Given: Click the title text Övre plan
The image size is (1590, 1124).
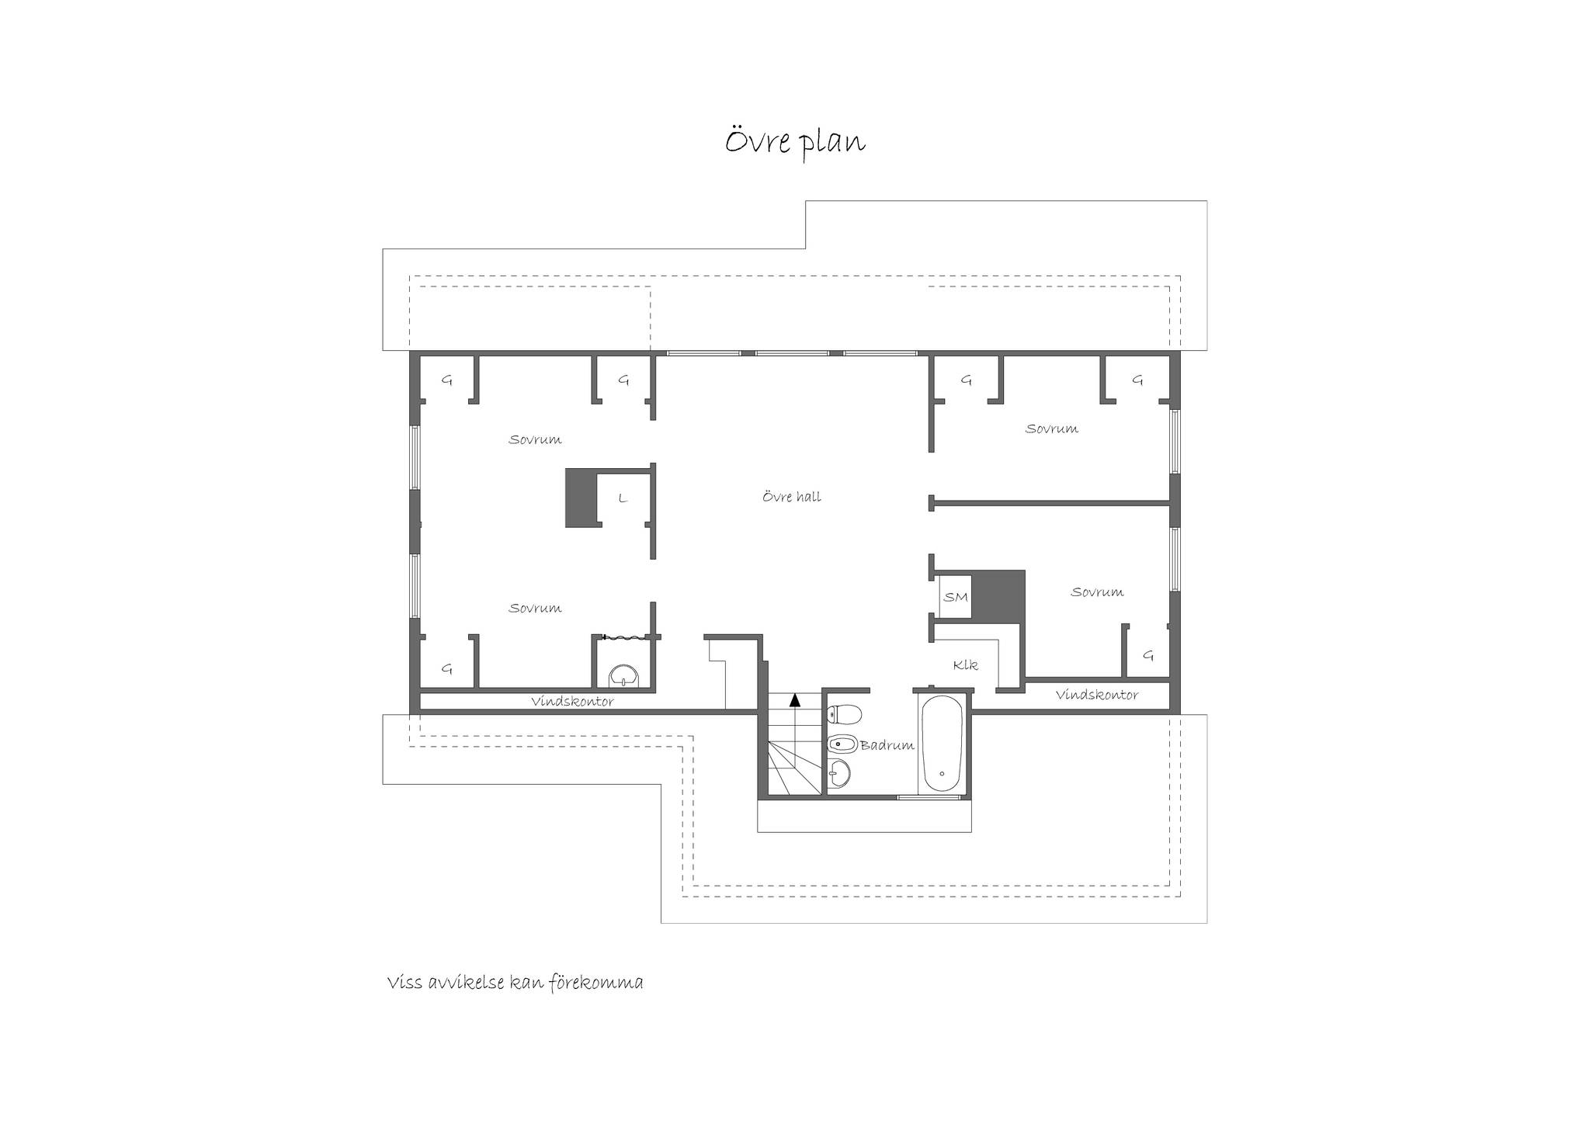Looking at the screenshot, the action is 795,143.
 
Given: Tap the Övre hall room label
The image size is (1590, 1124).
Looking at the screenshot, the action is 791,497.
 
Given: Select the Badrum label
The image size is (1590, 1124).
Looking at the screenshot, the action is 887,745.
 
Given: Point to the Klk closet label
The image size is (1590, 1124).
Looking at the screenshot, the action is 966,665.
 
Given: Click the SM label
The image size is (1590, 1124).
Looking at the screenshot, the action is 956,597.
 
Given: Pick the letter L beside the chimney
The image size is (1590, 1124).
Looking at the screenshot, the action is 622,498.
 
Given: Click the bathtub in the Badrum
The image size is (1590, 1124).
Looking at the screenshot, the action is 941,745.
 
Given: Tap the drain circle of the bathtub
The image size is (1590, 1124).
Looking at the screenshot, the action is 942,774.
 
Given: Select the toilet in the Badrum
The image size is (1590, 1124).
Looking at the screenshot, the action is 844,713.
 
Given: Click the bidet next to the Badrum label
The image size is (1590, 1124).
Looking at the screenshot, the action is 842,744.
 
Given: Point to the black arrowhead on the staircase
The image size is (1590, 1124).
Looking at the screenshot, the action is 794,699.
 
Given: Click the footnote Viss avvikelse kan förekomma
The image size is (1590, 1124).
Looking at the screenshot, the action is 515,983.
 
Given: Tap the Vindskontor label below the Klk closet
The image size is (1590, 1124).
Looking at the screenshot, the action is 1096,696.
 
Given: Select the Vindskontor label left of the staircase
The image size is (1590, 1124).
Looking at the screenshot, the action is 572,702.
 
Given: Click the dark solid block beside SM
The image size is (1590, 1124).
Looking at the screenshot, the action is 999,596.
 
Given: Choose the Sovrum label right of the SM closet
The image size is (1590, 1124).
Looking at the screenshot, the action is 1097,592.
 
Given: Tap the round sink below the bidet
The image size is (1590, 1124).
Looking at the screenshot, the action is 838,773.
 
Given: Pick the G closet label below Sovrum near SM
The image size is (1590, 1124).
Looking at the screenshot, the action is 1148,656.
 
